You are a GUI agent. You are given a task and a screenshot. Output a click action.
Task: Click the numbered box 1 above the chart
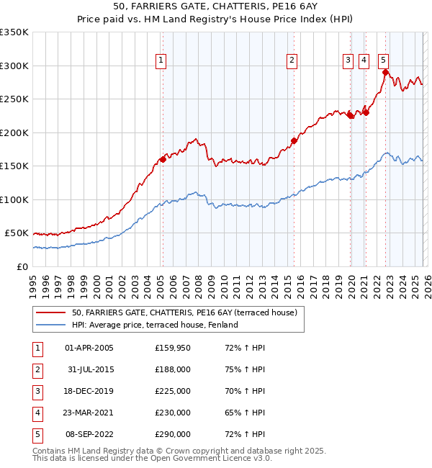tap(160, 60)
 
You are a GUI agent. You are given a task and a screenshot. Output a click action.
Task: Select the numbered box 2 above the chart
tap(292, 60)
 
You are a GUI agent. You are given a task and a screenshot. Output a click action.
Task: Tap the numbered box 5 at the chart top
tap(383, 60)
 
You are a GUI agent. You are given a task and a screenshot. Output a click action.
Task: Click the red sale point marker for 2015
tap(294, 140)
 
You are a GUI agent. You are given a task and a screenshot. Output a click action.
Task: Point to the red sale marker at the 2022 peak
tap(385, 72)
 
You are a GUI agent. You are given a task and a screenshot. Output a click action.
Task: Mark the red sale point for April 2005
tap(163, 160)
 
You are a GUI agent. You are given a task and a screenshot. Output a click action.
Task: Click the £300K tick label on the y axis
tap(14, 66)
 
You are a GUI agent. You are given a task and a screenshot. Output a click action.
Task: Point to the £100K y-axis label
tap(14, 199)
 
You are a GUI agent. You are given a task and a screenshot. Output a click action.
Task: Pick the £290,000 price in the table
tap(172, 434)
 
